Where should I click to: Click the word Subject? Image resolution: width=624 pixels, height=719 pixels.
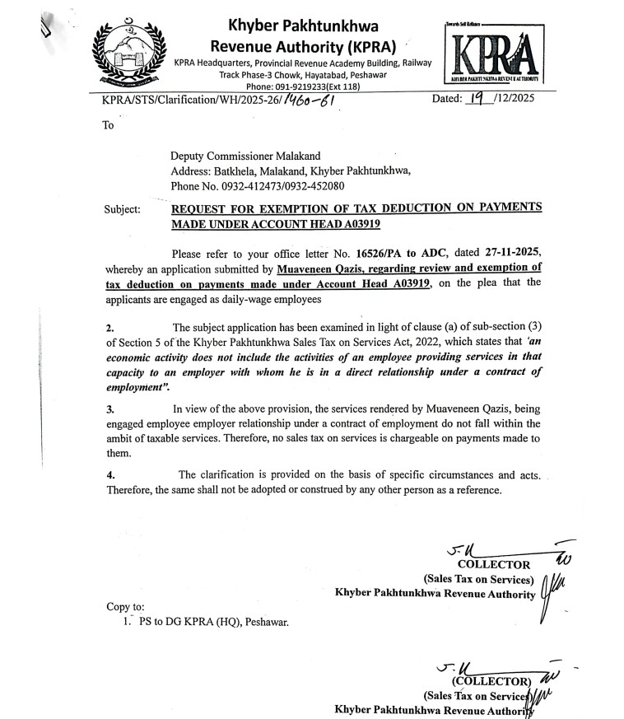point(123,210)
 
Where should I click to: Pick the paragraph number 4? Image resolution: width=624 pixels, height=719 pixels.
point(109,475)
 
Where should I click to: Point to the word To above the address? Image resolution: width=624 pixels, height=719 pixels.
point(108,126)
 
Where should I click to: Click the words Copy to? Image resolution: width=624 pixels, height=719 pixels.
point(125,608)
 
